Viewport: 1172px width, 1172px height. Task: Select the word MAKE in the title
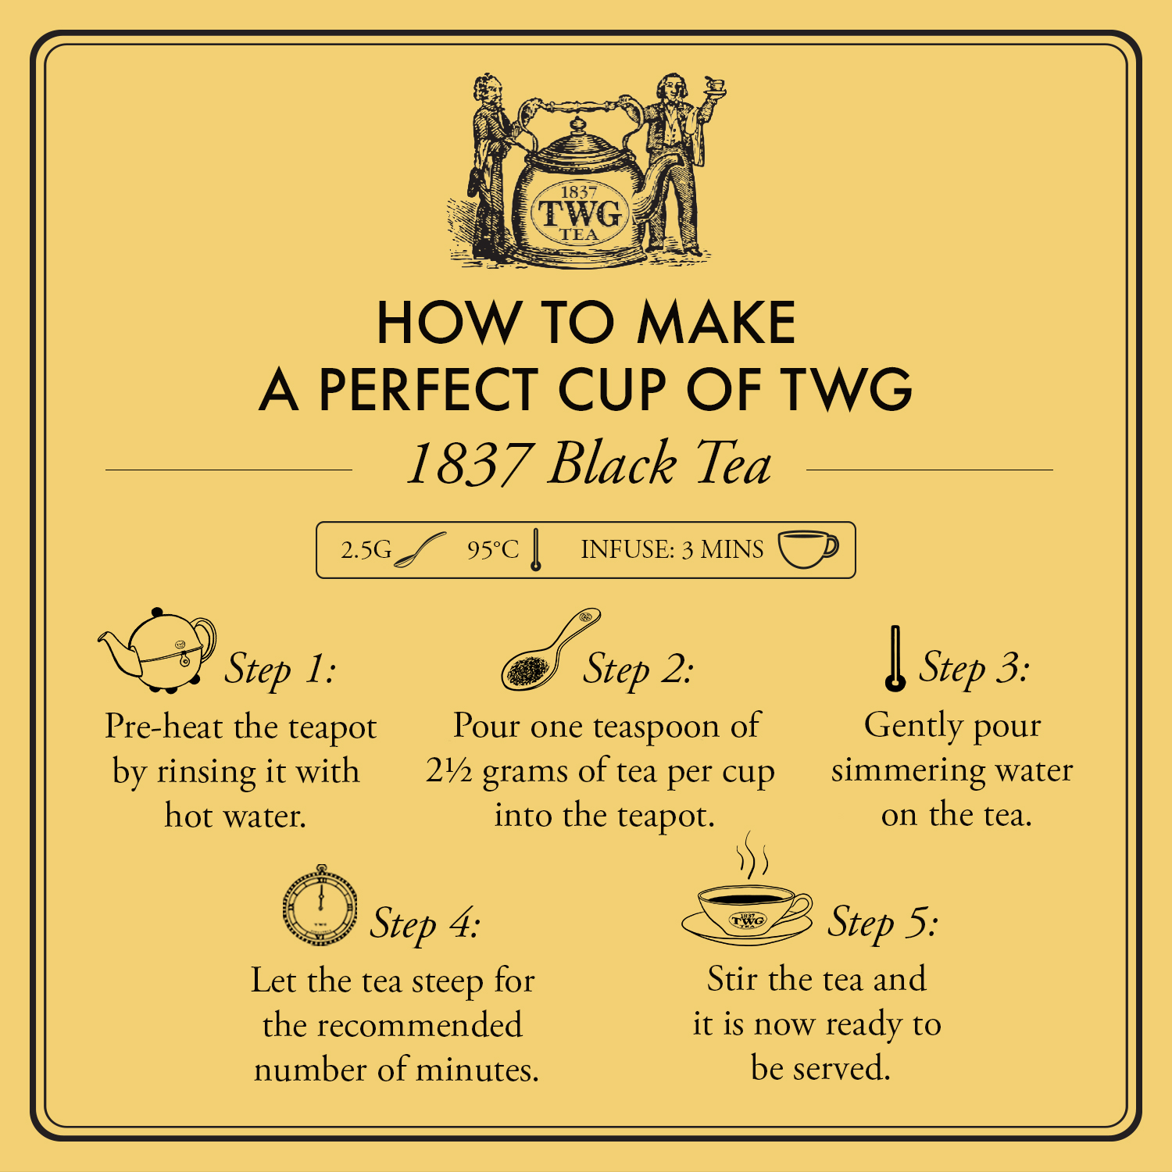716,323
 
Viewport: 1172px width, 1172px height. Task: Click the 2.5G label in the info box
366,550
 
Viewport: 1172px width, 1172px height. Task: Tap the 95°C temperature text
492,550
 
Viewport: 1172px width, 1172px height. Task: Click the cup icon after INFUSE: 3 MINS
807,549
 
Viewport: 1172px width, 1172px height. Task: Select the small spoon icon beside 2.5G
420,550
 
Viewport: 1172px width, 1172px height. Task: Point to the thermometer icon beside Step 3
895,659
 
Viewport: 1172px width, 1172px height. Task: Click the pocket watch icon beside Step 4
320,906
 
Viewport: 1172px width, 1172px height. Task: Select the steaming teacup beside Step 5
747,906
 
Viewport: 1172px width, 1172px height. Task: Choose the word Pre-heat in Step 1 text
164,727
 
